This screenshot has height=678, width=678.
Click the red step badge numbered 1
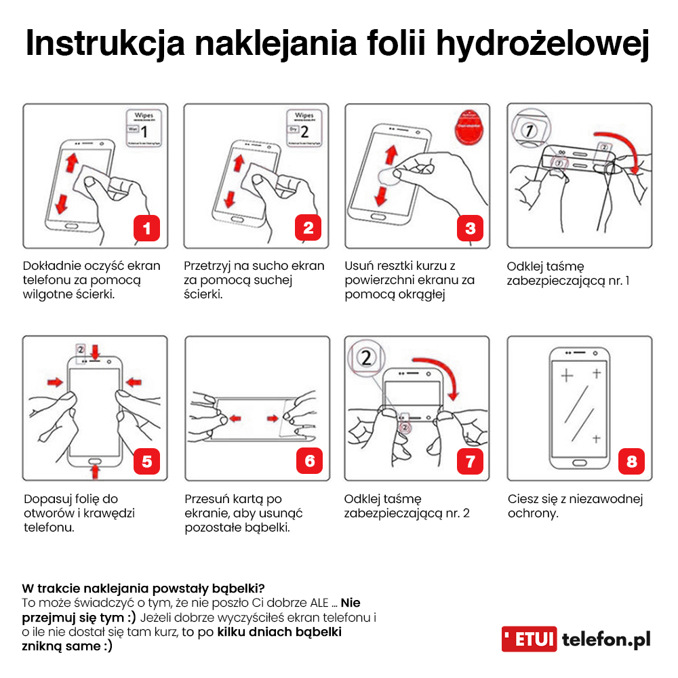(146, 228)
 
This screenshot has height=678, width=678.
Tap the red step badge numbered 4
(631, 228)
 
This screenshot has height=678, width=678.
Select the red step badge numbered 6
(309, 461)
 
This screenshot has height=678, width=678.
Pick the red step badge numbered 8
(631, 461)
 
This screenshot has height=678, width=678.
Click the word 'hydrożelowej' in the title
(542, 43)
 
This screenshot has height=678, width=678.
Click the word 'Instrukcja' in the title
(105, 43)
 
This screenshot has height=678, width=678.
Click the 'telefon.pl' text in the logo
(606, 639)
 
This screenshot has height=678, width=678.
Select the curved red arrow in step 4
(620, 146)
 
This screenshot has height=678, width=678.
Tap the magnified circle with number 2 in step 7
(366, 359)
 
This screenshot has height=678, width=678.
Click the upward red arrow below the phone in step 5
(95, 468)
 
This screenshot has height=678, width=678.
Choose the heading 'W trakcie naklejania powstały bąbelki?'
(143, 587)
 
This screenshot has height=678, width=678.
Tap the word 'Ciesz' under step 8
(524, 499)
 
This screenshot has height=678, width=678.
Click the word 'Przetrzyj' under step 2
(207, 265)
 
